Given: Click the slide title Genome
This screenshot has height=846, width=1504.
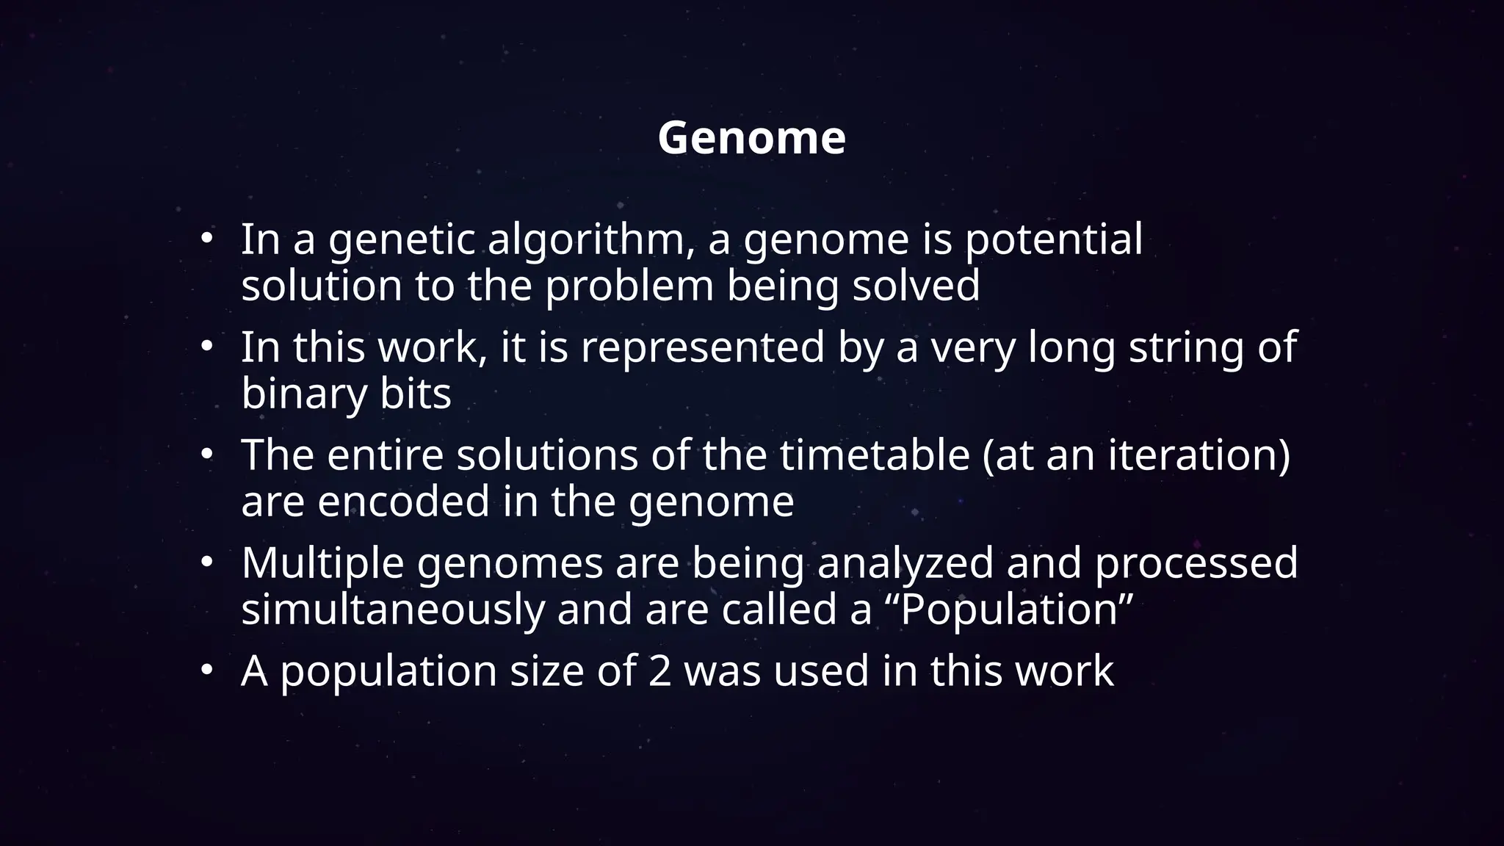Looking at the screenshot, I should [751, 137].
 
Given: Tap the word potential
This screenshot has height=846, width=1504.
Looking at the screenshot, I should [1053, 240].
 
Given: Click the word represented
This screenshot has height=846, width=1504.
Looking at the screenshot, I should [703, 347].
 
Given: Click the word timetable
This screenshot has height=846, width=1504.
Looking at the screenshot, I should [875, 455].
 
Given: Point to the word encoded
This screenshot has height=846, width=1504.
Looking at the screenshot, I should [403, 502].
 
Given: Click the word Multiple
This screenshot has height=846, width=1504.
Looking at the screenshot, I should [322, 563].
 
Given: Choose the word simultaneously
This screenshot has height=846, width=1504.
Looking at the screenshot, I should [393, 610].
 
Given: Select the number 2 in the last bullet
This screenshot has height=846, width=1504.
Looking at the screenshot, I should [659, 671].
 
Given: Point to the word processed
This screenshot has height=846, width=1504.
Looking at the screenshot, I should [1196, 563].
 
